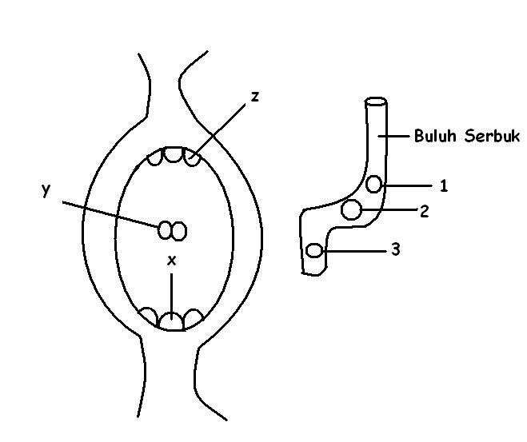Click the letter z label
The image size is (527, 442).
[x=254, y=97]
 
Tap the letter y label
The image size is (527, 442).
[x=46, y=189]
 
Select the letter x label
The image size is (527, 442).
[x=170, y=260]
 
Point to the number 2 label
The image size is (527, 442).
[x=424, y=212]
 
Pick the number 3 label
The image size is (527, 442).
[x=395, y=249]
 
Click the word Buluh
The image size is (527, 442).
[x=433, y=136]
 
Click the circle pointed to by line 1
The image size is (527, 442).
[x=374, y=185]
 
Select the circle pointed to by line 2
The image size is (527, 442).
[x=350, y=210]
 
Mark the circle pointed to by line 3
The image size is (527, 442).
[x=315, y=251]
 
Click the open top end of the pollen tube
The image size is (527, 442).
[x=376, y=102]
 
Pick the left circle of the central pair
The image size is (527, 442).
[x=166, y=230]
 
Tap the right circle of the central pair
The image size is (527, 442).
[x=180, y=231]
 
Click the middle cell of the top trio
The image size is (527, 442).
[x=174, y=154]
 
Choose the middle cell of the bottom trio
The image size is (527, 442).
[x=170, y=321]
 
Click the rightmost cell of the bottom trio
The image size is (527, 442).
[x=192, y=317]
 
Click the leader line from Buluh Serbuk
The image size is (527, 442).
[x=395, y=136]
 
